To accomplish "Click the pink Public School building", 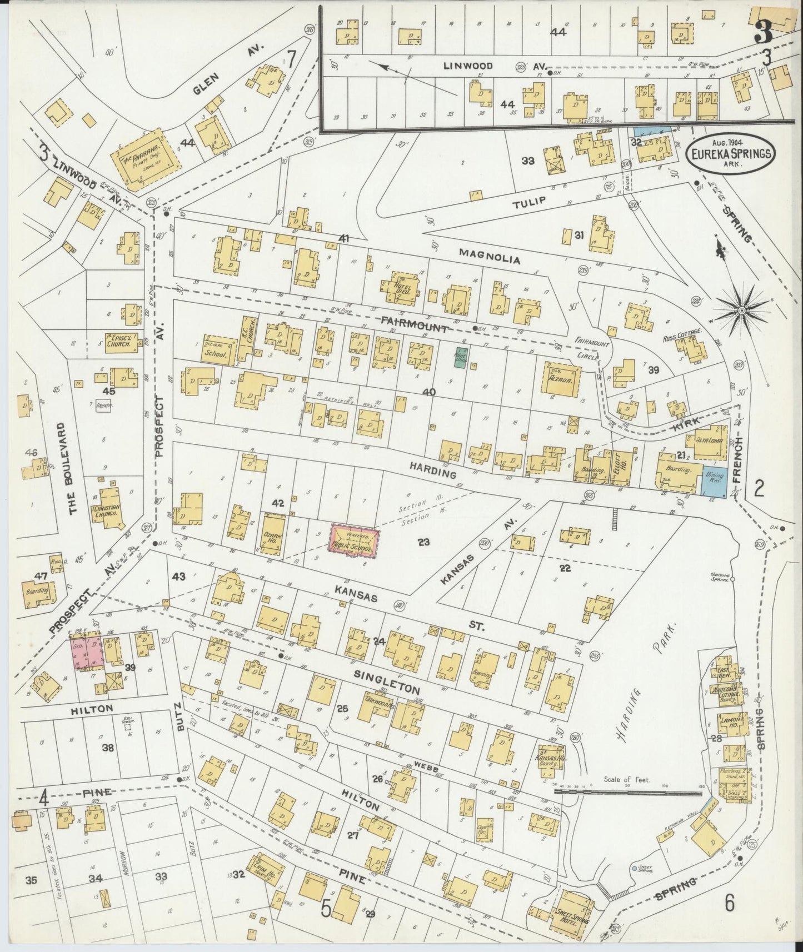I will click(355, 541).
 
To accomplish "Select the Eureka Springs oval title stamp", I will click(731, 151).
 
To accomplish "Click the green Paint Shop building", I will click(460, 357).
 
